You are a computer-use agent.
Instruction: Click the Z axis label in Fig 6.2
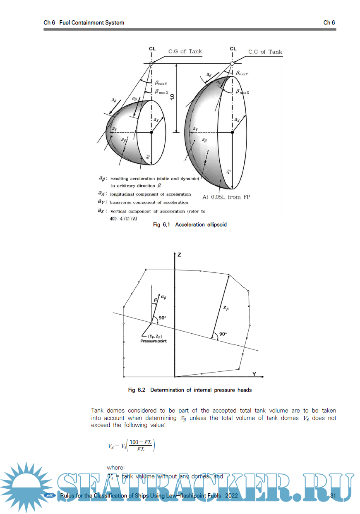179,255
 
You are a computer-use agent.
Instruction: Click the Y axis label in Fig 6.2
254,374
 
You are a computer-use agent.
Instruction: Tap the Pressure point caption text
154,341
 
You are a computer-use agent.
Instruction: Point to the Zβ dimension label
225,308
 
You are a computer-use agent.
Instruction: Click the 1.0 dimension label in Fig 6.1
172,98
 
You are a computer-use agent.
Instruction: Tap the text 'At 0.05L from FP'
226,197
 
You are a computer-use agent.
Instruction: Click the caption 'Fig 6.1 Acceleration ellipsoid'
190,225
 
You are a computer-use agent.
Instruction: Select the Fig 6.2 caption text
190,390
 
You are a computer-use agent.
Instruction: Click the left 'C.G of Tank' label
185,51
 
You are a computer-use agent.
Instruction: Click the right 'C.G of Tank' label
265,52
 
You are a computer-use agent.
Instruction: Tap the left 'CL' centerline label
152,48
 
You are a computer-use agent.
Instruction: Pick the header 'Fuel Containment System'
91,23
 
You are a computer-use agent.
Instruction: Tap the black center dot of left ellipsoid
152,132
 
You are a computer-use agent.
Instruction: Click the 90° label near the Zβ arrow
224,334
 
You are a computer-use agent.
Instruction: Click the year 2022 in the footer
231,495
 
